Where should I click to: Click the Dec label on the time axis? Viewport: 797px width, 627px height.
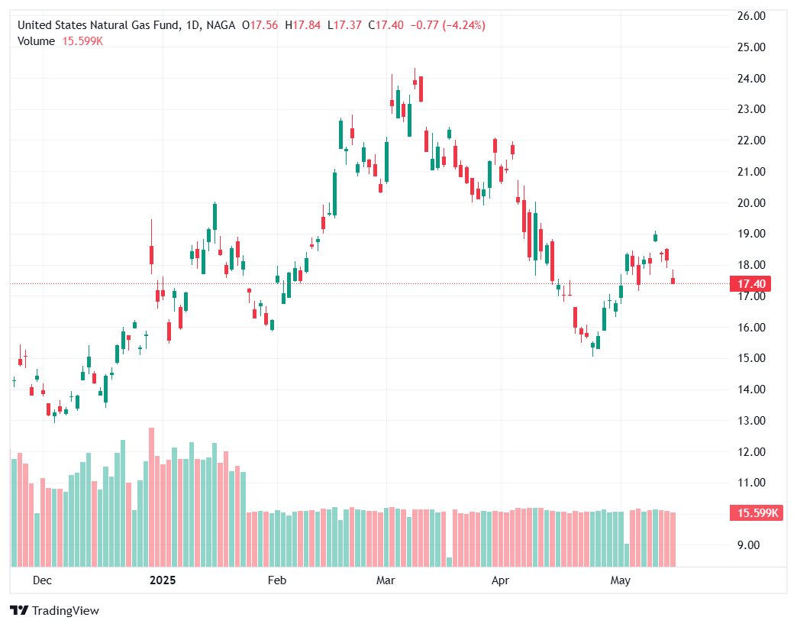[x=42, y=581]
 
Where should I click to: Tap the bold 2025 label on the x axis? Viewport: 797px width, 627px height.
[x=162, y=581]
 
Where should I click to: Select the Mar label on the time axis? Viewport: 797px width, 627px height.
[x=386, y=581]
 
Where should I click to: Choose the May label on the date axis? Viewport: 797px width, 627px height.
[x=621, y=581]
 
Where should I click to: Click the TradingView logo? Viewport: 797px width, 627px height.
[x=54, y=610]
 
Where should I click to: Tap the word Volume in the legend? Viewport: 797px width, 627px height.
[x=36, y=41]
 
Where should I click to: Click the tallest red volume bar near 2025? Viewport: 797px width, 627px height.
[x=151, y=496]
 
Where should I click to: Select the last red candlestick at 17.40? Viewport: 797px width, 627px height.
[x=673, y=281]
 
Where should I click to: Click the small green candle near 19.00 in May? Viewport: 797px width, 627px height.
[x=655, y=237]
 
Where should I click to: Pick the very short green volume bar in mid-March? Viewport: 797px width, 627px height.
[x=449, y=561]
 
